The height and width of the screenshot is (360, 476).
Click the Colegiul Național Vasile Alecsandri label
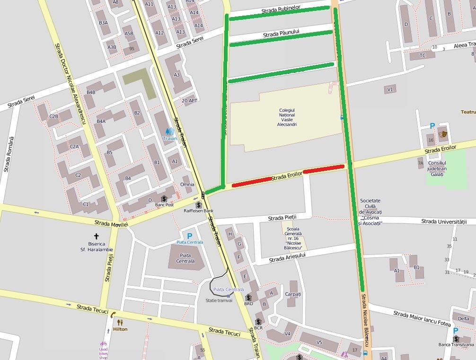pyautogui.click(x=287, y=117)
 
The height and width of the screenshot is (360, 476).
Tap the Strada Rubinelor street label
pyautogui.click(x=281, y=9)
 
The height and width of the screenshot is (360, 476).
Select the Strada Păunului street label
pyautogui.click(x=282, y=34)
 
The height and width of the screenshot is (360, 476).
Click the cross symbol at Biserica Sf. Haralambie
pyautogui.click(x=97, y=236)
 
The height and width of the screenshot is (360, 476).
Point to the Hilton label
pyautogui.click(x=120, y=329)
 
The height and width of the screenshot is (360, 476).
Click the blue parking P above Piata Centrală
pyautogui.click(x=190, y=236)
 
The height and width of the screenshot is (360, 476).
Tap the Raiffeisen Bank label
pyautogui.click(x=199, y=211)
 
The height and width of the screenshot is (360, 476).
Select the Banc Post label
pyautogui.click(x=164, y=205)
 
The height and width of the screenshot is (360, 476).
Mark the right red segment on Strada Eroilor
pyautogui.click(x=324, y=169)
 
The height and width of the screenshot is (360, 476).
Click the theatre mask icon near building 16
pyautogui.click(x=443, y=134)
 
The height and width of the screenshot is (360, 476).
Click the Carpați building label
pyautogui.click(x=293, y=294)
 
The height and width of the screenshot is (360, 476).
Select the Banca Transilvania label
pyautogui.click(x=456, y=344)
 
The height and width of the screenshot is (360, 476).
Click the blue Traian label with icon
pyautogui.click(x=169, y=134)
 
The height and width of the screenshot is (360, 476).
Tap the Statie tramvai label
pyautogui.click(x=219, y=300)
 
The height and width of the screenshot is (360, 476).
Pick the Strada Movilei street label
pyautogui.click(x=111, y=223)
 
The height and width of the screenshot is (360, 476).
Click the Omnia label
pyautogui.click(x=187, y=184)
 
